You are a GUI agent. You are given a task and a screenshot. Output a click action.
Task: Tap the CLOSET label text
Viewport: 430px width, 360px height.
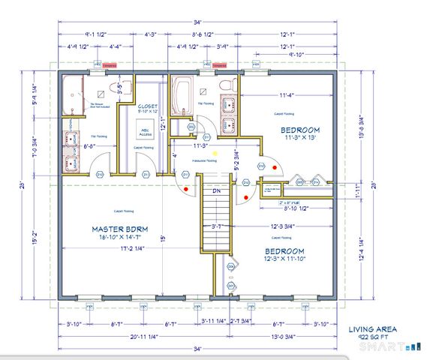(x=148, y=106)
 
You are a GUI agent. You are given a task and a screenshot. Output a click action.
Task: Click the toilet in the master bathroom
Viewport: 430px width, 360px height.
(x=115, y=88)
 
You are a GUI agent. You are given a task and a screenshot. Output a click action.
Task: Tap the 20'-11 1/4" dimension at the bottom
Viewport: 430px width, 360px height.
(x=120, y=337)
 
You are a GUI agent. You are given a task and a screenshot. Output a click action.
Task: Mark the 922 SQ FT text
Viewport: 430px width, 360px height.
(x=372, y=337)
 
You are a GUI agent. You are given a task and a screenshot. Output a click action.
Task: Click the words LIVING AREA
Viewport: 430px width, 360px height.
(x=373, y=328)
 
